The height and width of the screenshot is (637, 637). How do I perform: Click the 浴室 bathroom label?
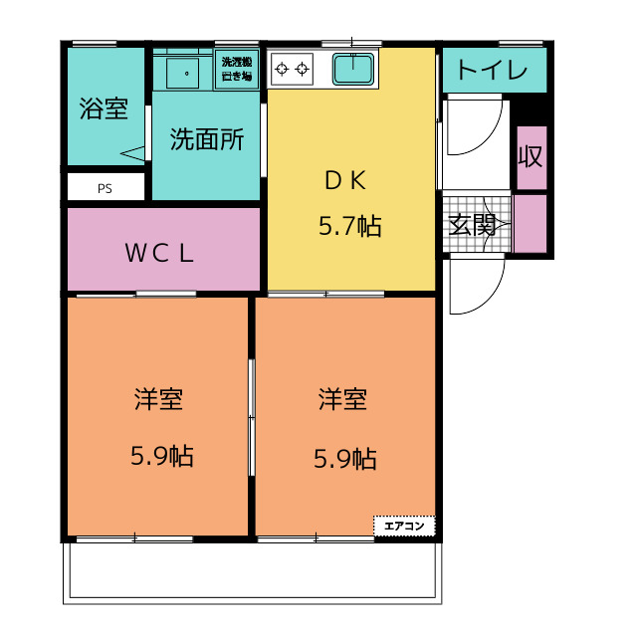(104, 108)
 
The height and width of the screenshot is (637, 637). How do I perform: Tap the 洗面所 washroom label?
(206, 139)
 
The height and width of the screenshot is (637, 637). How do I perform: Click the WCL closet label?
(159, 253)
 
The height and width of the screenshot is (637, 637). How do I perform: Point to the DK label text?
(345, 180)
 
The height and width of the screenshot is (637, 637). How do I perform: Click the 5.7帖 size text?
(349, 226)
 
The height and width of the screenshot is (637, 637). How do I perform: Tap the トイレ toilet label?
(492, 70)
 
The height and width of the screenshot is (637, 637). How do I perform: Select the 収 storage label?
(531, 156)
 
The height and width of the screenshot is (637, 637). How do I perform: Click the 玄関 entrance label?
(472, 225)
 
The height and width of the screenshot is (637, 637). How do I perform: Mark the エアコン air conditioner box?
(404, 527)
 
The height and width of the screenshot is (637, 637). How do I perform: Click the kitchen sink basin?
(353, 69)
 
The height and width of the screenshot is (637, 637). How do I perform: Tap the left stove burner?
(282, 69)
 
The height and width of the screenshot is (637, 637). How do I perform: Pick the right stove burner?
(303, 69)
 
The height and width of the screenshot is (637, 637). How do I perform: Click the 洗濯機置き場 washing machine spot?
(237, 69)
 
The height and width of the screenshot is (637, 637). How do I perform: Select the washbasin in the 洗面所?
(182, 73)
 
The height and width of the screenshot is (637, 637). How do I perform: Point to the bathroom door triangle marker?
(132, 153)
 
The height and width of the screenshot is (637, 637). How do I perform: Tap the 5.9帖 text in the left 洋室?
(161, 456)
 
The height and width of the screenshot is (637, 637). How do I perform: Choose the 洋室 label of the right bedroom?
(342, 399)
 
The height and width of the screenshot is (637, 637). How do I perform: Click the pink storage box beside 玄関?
(531, 223)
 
